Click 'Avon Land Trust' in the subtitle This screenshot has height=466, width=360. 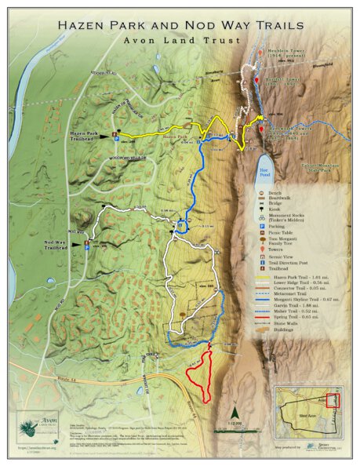pyautogui.click(x=180, y=40)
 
